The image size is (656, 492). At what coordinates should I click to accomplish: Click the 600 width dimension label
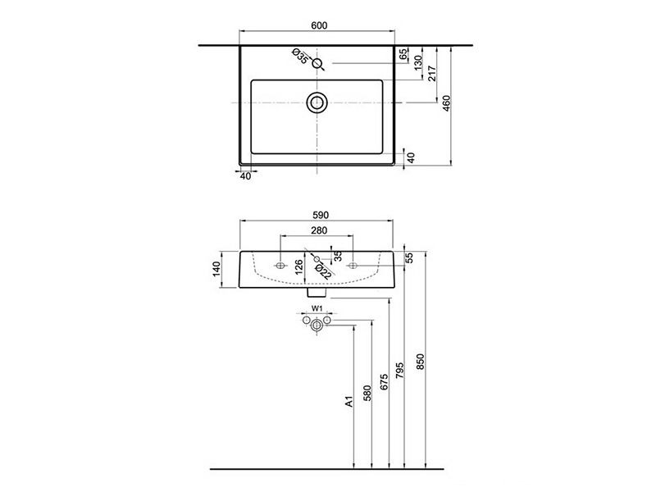pos(319,25)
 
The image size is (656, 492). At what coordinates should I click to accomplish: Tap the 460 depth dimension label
pos(446,103)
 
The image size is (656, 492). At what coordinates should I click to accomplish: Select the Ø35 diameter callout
pos(300,56)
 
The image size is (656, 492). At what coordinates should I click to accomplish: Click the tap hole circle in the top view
pos(317,64)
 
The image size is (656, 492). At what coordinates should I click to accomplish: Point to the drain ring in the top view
pos(317,102)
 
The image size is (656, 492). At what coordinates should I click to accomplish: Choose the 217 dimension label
pos(432,73)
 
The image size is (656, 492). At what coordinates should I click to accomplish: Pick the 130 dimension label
pos(418,62)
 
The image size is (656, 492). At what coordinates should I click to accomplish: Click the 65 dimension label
pos(403,54)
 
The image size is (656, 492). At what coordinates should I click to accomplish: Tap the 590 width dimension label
pos(321,215)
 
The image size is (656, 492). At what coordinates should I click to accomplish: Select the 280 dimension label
pos(319,230)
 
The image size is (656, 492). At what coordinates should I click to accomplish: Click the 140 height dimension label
pos(216,269)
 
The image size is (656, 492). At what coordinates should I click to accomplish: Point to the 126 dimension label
pos(298,267)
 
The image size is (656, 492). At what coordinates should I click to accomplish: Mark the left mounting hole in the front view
pos(280,265)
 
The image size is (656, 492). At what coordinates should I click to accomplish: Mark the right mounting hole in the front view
pos(353,265)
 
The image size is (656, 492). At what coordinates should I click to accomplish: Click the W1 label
pos(317,308)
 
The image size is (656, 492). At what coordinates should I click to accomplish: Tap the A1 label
pos(349,402)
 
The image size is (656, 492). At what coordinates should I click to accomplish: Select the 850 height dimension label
pos(421,362)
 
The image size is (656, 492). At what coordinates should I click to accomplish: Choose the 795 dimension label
pos(399,371)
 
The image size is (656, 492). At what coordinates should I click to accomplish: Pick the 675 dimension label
pos(384,382)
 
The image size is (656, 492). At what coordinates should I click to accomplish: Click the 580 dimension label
pos(367,394)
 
